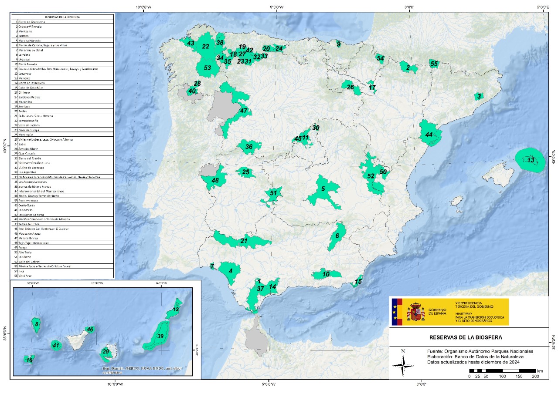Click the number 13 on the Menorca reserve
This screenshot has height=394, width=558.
[x=531, y=160]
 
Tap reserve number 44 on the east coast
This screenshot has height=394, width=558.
[x=429, y=135]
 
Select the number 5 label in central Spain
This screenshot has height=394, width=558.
[x=323, y=189]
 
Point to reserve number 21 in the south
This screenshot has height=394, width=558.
[x=244, y=240]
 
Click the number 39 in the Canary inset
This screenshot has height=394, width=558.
[x=160, y=336]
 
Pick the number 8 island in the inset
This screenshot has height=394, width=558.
[x=37, y=324]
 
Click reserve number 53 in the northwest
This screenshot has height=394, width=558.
[x=208, y=68]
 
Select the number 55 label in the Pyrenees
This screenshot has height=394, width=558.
[x=434, y=64]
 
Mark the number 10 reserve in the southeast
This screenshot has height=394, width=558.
[x=326, y=274]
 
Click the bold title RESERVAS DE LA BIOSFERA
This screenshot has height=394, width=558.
[x=466, y=337]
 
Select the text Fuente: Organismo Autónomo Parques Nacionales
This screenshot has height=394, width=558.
[x=480, y=351]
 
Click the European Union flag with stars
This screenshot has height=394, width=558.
[x=397, y=312]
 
